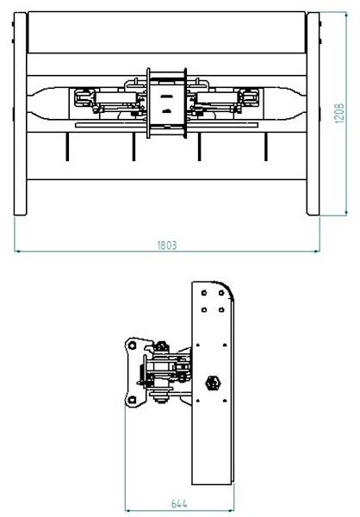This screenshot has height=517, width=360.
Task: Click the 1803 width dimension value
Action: (167, 245)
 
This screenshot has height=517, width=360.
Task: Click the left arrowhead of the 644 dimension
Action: (128, 509)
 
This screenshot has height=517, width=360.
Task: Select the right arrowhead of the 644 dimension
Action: (232, 509)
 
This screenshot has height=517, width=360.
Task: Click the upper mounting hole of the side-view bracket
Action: (132, 346)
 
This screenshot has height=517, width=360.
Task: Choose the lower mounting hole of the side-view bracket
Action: (132, 399)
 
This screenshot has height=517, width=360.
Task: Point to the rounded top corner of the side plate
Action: (227, 288)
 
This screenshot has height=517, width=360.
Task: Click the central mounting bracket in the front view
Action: (167, 102)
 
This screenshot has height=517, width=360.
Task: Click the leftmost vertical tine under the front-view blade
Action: (65, 147)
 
